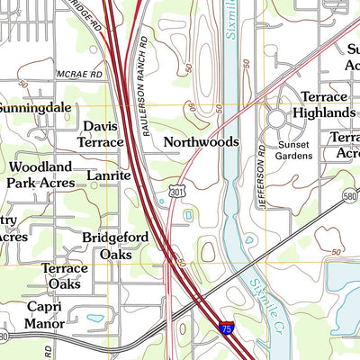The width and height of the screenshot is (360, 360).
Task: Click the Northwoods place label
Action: coord(201,142)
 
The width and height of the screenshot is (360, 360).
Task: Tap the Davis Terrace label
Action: coord(101,135)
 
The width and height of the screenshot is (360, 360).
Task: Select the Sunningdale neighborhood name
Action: coord(35,107)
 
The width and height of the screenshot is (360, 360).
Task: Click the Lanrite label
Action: coord(109,176)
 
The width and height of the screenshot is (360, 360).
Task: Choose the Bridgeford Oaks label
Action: coord(109,246)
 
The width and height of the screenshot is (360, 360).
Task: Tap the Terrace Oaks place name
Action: coord(65,276)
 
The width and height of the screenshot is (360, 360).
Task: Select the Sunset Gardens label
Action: coord(294,149)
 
